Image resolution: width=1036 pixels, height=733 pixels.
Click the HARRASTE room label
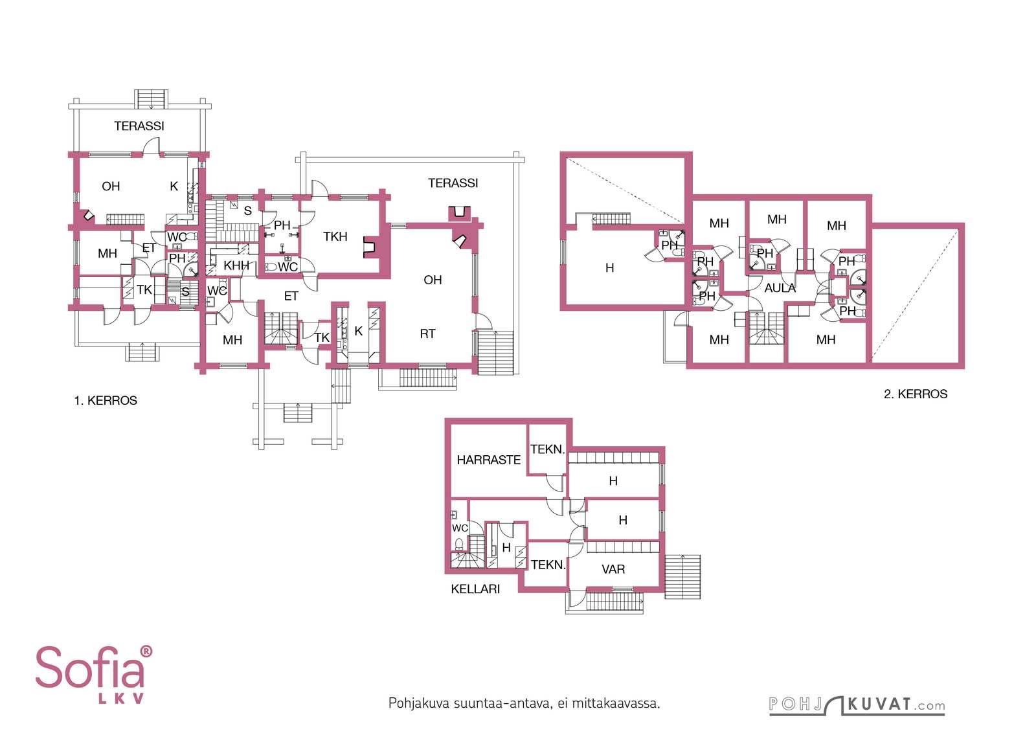488,460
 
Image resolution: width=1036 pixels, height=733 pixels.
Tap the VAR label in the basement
613,569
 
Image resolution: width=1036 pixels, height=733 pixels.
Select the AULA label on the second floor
780,288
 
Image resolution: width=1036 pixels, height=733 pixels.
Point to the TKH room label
335,236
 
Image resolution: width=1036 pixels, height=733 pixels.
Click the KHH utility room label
236,265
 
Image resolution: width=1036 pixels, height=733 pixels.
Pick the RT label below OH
427,333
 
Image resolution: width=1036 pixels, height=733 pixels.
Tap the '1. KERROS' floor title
106,400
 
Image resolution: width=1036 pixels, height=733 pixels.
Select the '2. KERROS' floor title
916,394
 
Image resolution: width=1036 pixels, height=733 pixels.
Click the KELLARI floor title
475,589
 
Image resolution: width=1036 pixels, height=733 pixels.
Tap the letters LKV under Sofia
121,699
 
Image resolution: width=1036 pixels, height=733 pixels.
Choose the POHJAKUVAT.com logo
857,705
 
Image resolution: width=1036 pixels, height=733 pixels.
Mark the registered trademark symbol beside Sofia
146,651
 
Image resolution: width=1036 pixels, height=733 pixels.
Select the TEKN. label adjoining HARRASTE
548,449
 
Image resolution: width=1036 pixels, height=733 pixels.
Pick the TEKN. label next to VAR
548,565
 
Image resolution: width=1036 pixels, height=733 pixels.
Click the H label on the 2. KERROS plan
609,268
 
